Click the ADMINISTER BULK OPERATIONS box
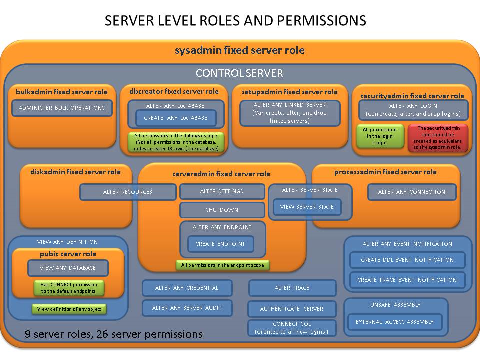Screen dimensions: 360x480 tap(62, 108)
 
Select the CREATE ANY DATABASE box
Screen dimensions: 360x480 tap(175, 118)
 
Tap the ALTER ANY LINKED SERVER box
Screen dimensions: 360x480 tap(290, 113)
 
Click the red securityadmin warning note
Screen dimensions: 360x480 tap(438, 137)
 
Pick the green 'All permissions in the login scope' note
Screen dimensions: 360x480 tap(379, 136)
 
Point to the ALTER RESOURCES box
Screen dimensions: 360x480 tap(128, 192)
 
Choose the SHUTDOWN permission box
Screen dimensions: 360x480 tap(222, 210)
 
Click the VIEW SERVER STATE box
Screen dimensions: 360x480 tap(307, 207)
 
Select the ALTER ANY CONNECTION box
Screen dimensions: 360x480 tap(411, 192)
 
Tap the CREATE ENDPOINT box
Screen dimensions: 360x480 tap(220, 244)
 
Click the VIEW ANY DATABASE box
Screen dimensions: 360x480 tap(68, 268)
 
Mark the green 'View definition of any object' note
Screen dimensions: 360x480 tap(69, 309)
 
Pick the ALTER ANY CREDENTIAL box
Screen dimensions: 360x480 tap(187, 288)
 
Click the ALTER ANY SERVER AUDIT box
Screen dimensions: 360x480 tap(187, 308)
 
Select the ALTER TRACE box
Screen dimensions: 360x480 tap(292, 288)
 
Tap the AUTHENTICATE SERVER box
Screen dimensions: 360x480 tap(292, 309)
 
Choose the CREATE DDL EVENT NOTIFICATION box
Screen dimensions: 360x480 tap(407, 260)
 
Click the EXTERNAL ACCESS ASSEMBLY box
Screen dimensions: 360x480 tap(395, 322)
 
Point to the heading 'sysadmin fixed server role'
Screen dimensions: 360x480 tap(239, 50)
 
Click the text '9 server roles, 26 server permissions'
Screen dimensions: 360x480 tap(114, 334)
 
